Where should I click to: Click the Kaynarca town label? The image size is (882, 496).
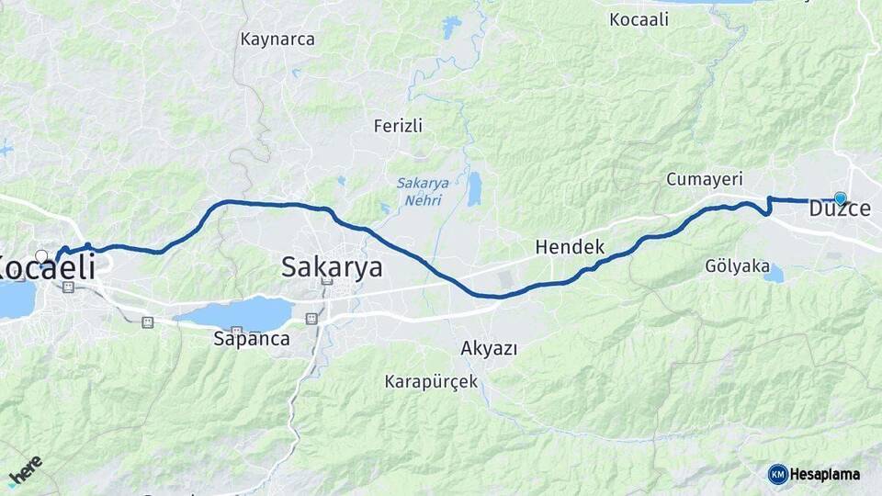pyautogui.click(x=277, y=39)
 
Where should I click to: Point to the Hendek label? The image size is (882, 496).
pyautogui.click(x=570, y=246)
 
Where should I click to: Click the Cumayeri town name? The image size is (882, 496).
pyautogui.click(x=705, y=179)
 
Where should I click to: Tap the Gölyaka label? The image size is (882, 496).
pyautogui.click(x=737, y=265)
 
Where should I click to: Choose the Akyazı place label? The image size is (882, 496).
pyautogui.click(x=489, y=349)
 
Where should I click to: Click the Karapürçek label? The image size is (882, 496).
pyautogui.click(x=431, y=381)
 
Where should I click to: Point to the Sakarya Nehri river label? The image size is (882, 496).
pyautogui.click(x=423, y=190)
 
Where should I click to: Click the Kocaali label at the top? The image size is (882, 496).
pyautogui.click(x=639, y=18)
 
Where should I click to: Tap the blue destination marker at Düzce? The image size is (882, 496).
pyautogui.click(x=840, y=197)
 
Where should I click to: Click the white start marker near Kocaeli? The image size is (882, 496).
pyautogui.click(x=41, y=255)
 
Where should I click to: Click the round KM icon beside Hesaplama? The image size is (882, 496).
pyautogui.click(x=778, y=474)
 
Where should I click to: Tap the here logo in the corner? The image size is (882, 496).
pyautogui.click(x=26, y=471)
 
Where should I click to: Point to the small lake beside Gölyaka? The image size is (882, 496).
pyautogui.click(x=775, y=274)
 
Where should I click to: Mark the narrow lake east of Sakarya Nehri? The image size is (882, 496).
pyautogui.click(x=474, y=188)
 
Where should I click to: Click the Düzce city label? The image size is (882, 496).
pyautogui.click(x=840, y=209)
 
